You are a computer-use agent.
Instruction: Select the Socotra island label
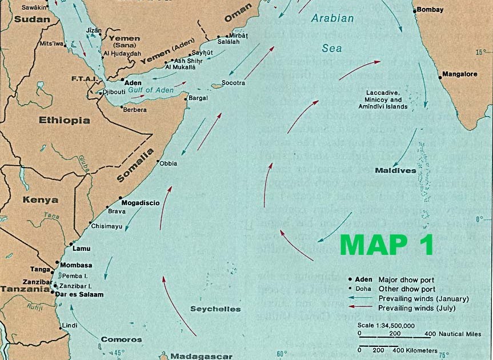tap(234, 83)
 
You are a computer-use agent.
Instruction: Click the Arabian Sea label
tap(332, 33)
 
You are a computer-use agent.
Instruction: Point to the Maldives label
tap(395, 170)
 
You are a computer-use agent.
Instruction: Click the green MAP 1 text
tap(386, 244)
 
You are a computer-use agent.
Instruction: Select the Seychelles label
tap(215, 309)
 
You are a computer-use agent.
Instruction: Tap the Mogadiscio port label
tap(140, 203)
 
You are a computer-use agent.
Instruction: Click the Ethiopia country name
tap(64, 121)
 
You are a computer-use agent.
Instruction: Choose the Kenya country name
tap(40, 200)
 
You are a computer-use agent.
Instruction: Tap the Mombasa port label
tap(76, 265)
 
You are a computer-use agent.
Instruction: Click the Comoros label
tap(121, 339)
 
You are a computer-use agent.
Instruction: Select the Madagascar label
tap(202, 356)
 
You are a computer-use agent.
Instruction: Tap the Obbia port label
tap(169, 163)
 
